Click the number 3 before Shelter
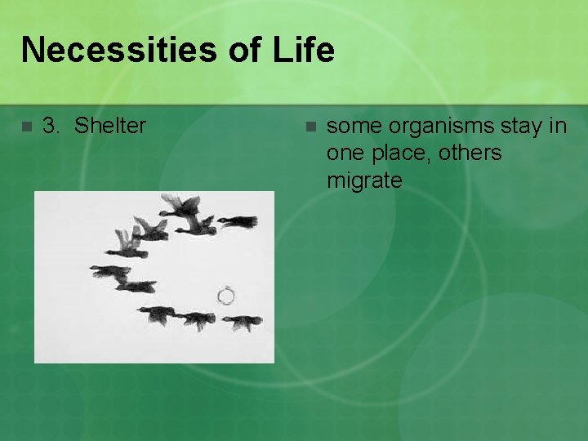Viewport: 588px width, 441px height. [x=50, y=126]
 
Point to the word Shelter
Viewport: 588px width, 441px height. [x=110, y=126]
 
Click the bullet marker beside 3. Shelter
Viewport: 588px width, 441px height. [x=25, y=127]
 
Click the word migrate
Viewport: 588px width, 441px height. [x=364, y=180]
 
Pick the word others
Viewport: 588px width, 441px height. [x=470, y=153]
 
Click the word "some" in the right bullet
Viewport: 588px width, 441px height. [x=354, y=126]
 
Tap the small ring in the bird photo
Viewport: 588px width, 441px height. [x=226, y=295]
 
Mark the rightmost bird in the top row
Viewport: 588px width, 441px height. [x=238, y=221]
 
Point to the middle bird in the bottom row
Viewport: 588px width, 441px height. [x=196, y=319]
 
